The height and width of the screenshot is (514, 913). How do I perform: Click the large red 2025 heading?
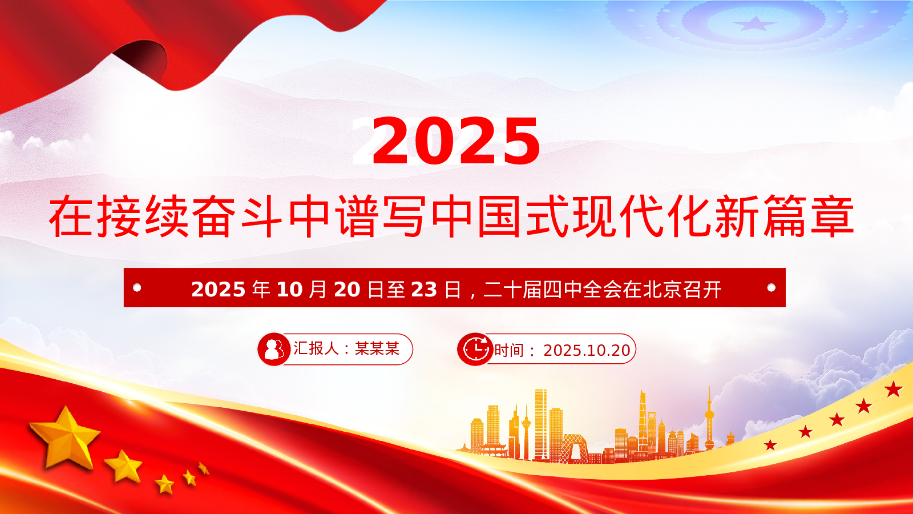456,140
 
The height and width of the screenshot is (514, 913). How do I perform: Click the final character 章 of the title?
832,216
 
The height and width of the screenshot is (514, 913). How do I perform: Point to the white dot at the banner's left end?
138,288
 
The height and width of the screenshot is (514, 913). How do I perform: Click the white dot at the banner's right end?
771,288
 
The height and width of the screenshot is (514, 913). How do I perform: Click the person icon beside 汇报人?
273,349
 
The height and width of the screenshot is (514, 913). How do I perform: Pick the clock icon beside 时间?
474,349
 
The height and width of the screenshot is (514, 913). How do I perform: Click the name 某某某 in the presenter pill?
377,349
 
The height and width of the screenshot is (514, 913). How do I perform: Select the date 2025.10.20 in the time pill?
587,351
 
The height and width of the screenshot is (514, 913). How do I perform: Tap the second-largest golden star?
123,466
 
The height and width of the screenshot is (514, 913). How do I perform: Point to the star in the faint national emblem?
756,23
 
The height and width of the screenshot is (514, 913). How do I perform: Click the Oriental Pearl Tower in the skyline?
710,420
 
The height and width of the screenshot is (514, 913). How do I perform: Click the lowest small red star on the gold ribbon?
770,445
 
